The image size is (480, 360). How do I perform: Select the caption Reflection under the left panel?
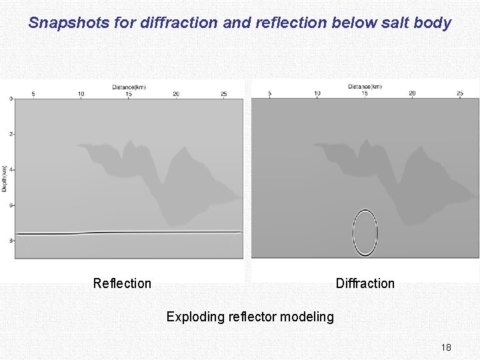pyautogui.click(x=122, y=283)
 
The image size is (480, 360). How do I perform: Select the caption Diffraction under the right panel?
pyautogui.click(x=365, y=283)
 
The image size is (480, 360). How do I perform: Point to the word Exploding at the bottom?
pyautogui.click(x=194, y=317)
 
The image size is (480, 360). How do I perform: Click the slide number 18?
pyautogui.click(x=446, y=347)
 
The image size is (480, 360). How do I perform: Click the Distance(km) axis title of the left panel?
pyautogui.click(x=129, y=87)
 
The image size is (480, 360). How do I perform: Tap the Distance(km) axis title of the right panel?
pyautogui.click(x=365, y=87)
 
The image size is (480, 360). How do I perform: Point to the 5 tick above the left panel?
pyautogui.click(x=33, y=94)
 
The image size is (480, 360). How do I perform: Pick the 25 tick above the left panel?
pyautogui.click(x=223, y=94)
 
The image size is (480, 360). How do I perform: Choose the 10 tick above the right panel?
pyautogui.click(x=317, y=93)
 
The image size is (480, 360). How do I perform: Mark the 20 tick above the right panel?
pyautogui.click(x=412, y=93)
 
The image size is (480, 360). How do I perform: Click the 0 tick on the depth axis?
pyautogui.click(x=10, y=99)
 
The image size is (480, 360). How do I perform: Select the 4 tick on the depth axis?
pyautogui.click(x=10, y=170)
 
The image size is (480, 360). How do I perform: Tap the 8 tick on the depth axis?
pyautogui.click(x=10, y=241)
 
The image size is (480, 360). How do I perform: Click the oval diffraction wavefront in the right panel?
pyautogui.click(x=365, y=233)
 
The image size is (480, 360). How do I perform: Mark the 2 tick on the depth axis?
pyautogui.click(x=10, y=134)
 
